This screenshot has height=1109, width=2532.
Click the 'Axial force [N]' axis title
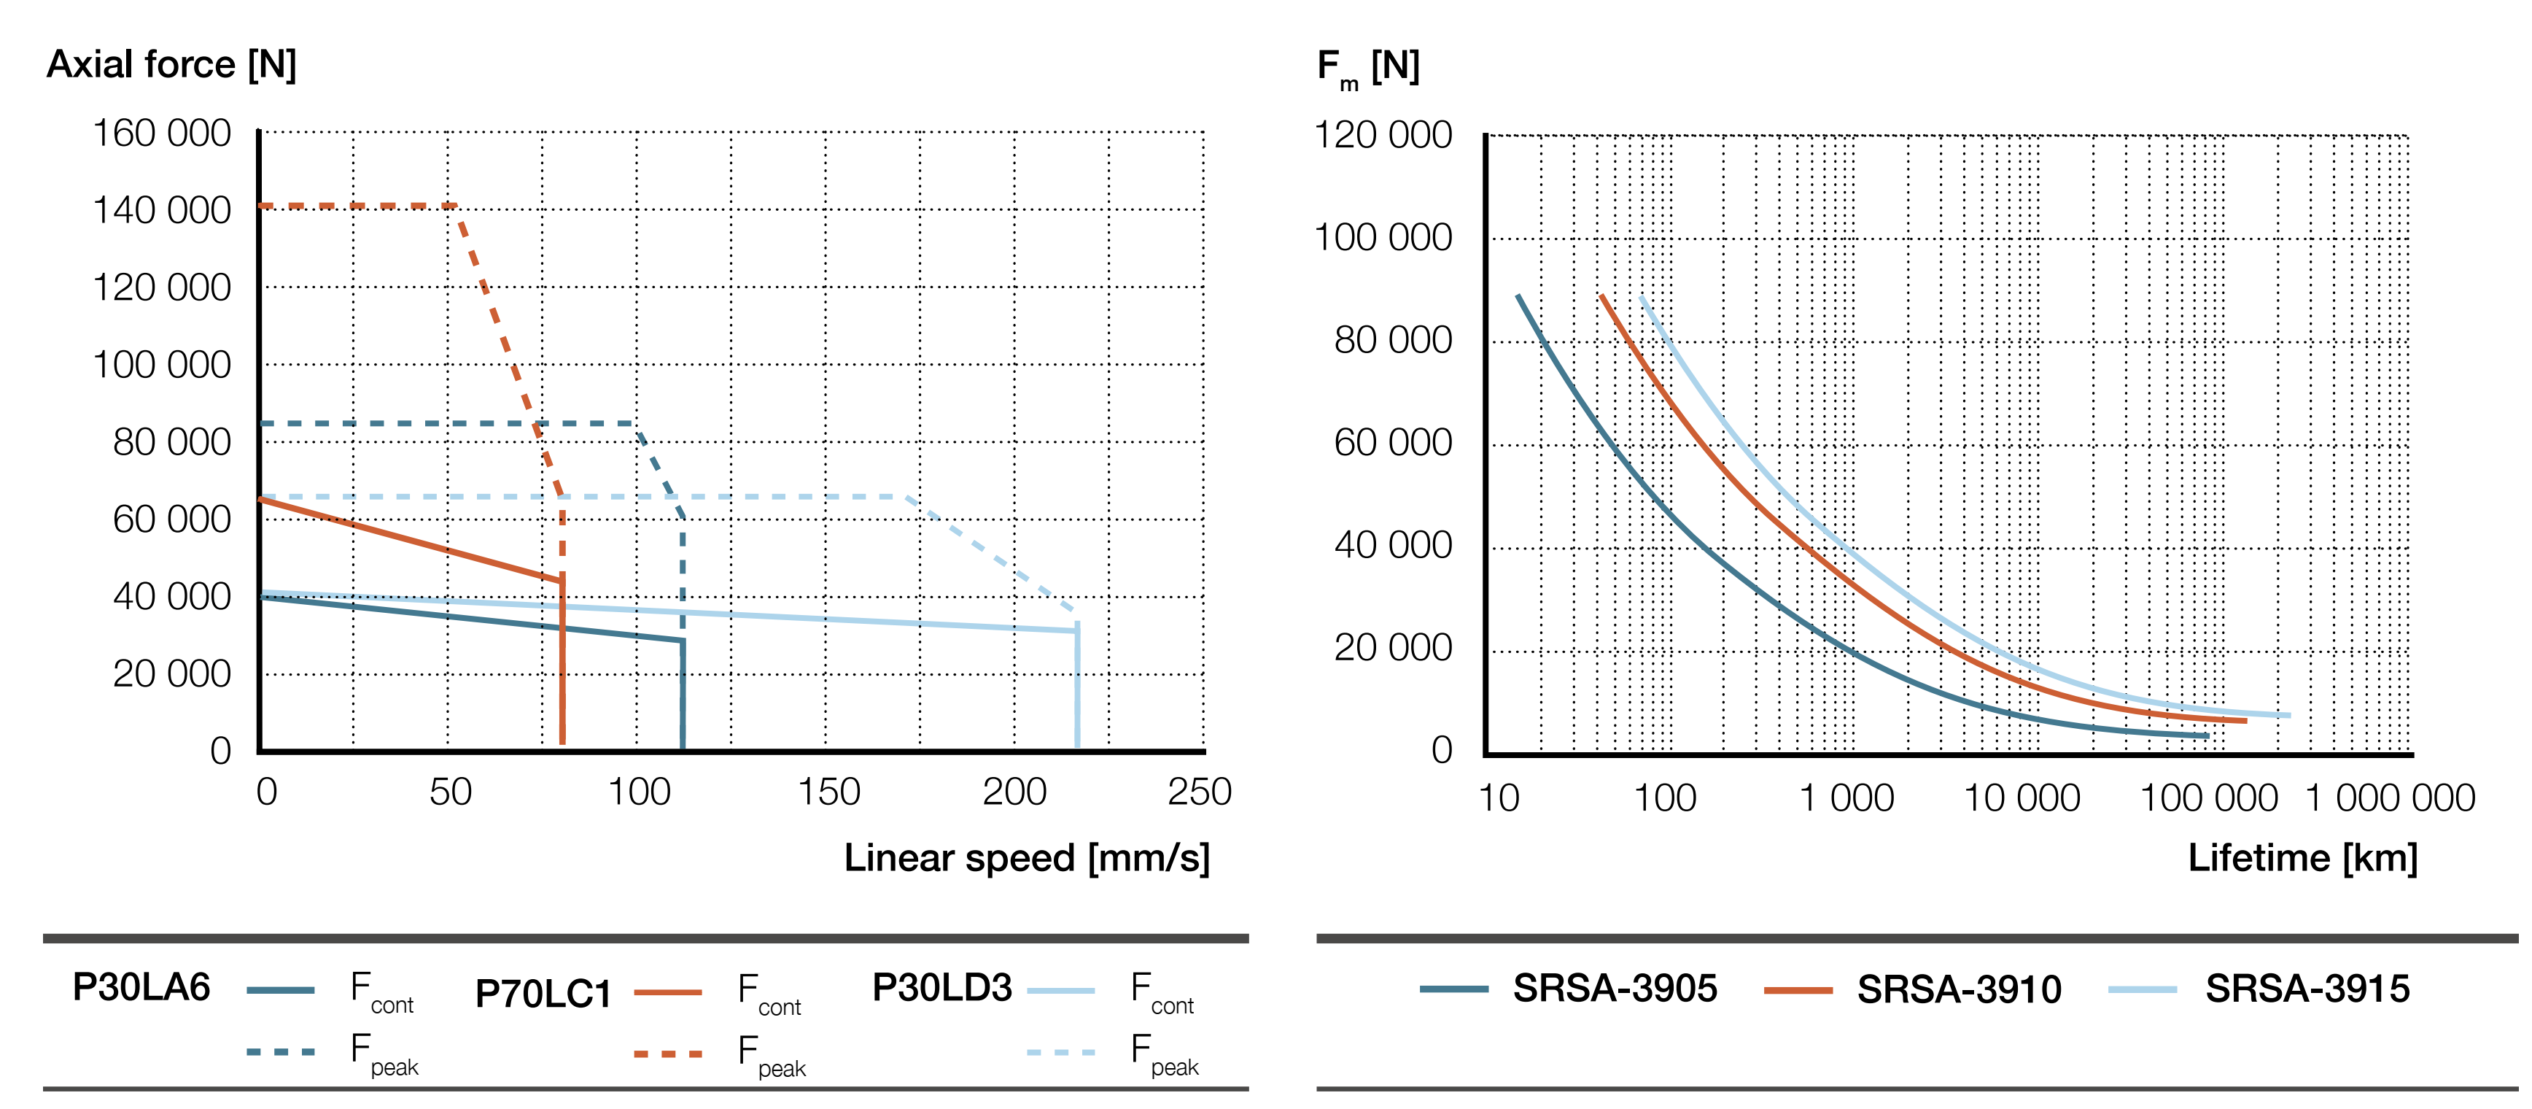[171, 65]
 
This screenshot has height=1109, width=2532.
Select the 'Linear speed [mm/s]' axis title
[1026, 858]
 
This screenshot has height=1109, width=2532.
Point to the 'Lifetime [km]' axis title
[2302, 858]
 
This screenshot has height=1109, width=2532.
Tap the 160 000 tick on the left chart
[161, 134]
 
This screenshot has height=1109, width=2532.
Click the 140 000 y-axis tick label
[161, 210]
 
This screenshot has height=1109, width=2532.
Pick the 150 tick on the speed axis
[828, 792]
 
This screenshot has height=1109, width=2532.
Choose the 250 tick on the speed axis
[1199, 792]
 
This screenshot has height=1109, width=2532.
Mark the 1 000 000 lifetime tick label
[2390, 798]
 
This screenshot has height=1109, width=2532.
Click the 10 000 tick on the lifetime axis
[2021, 798]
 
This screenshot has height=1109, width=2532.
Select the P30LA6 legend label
[141, 987]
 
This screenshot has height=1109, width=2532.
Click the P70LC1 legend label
[543, 994]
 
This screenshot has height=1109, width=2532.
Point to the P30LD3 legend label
[941, 988]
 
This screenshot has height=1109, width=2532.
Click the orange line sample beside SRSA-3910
[1798, 990]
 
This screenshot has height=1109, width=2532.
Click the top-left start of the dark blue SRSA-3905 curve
[1518, 296]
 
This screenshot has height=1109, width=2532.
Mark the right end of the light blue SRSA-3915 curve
[2288, 716]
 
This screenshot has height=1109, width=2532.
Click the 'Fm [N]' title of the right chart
[1368, 68]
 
